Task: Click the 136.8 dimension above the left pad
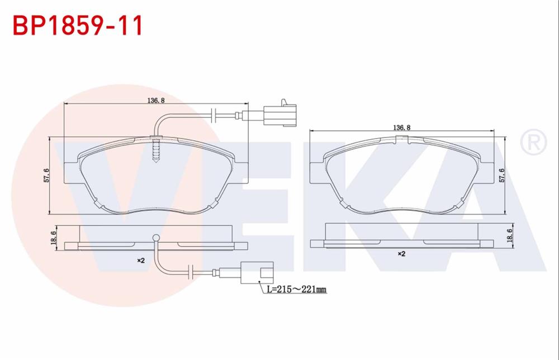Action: pos(155,101)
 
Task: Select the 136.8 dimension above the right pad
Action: pos(401,127)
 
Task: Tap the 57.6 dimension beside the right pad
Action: pos(501,174)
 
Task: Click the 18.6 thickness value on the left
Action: pos(54,238)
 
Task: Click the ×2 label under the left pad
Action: pos(141,260)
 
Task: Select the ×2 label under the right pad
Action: pos(401,253)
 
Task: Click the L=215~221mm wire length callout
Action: pos(296,289)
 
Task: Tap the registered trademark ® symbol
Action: pos(533,143)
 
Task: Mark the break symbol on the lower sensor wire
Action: pos(191,273)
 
